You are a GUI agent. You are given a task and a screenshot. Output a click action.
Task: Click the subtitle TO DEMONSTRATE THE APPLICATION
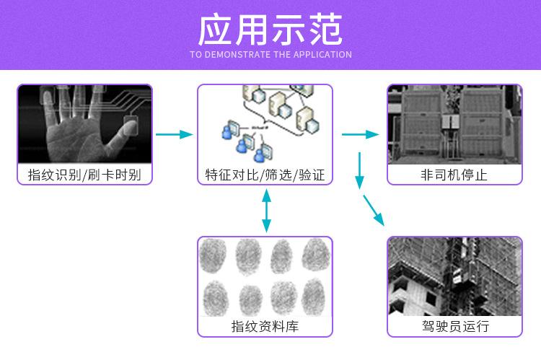[270, 55]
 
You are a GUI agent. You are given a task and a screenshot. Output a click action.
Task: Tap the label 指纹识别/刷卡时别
[85, 175]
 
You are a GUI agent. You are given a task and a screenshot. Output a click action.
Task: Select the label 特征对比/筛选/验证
[265, 175]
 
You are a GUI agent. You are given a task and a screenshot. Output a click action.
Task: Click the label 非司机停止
[454, 175]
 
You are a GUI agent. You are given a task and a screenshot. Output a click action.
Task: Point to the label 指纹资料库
[265, 327]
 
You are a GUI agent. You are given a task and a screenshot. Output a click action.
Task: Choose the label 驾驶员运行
[454, 327]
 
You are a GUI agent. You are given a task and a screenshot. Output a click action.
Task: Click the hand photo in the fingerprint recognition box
[85, 124]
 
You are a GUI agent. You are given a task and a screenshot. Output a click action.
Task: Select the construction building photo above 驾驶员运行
[454, 276]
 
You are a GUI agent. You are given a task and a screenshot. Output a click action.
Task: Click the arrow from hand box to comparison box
[175, 134]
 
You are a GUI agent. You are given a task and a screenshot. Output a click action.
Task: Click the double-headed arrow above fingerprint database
[266, 211]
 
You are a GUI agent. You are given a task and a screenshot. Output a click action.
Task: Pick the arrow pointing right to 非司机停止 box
[361, 134]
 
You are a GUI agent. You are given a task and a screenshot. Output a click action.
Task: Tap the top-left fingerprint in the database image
[214, 256]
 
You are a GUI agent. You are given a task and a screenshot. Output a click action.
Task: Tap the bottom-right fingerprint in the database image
[315, 296]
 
